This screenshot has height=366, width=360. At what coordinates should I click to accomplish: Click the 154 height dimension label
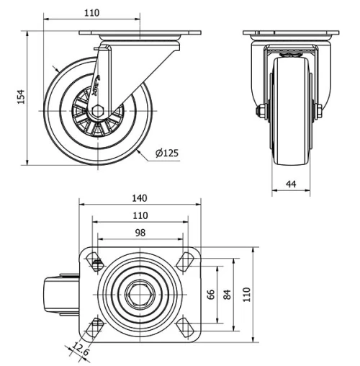(21, 96)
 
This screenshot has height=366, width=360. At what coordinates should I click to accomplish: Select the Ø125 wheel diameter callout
(167, 152)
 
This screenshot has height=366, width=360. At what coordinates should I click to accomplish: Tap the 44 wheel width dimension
(291, 184)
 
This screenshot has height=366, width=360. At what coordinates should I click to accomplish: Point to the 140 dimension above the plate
(140, 198)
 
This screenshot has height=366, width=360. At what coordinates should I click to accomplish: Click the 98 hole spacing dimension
(140, 232)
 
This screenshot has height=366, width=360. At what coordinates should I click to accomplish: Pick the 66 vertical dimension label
(211, 295)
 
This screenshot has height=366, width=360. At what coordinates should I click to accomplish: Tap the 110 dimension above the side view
(91, 13)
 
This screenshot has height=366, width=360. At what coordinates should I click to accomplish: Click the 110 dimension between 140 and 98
(140, 215)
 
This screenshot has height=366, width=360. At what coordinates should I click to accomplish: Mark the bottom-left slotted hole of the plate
(93, 328)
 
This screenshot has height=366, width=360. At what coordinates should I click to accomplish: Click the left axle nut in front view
(259, 110)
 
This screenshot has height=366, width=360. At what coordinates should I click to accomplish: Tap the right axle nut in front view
(318, 110)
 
